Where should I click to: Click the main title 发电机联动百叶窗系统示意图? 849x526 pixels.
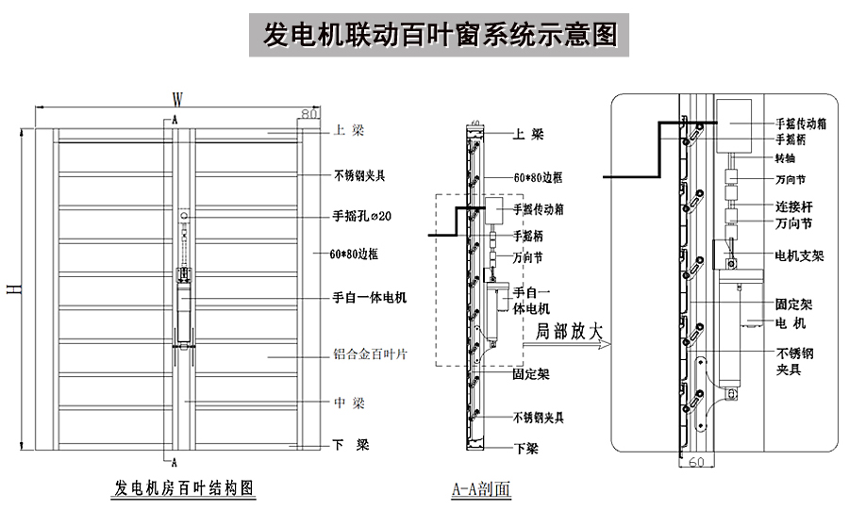tap(439, 35)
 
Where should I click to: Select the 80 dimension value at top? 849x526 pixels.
tap(308, 113)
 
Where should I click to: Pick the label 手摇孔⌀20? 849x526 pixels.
tap(362, 216)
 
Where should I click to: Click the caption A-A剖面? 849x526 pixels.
tap(481, 489)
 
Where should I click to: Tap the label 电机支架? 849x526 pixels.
tap(798, 255)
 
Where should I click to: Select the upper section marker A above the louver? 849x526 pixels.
tap(175, 120)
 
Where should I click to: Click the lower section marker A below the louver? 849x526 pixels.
tap(175, 463)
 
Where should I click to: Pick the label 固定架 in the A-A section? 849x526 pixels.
tap(531, 374)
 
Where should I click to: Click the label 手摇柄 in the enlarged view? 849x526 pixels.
tap(790, 139)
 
